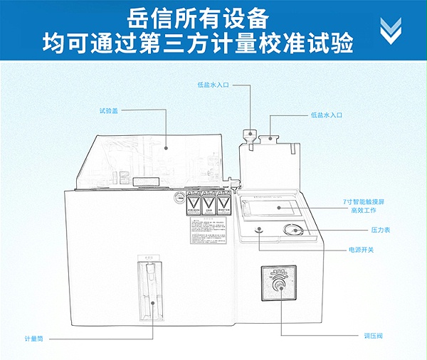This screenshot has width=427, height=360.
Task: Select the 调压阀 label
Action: tap(373, 334)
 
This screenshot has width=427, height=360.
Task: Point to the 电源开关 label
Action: tap(361, 250)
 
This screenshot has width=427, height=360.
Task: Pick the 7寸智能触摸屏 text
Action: tap(364, 202)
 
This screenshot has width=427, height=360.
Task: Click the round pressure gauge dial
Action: tap(291, 230)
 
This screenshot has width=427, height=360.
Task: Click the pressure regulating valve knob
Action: tap(279, 286)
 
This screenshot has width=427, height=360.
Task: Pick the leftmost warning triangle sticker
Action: tap(192, 204)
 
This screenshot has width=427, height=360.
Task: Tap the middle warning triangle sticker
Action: tap(209, 204)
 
